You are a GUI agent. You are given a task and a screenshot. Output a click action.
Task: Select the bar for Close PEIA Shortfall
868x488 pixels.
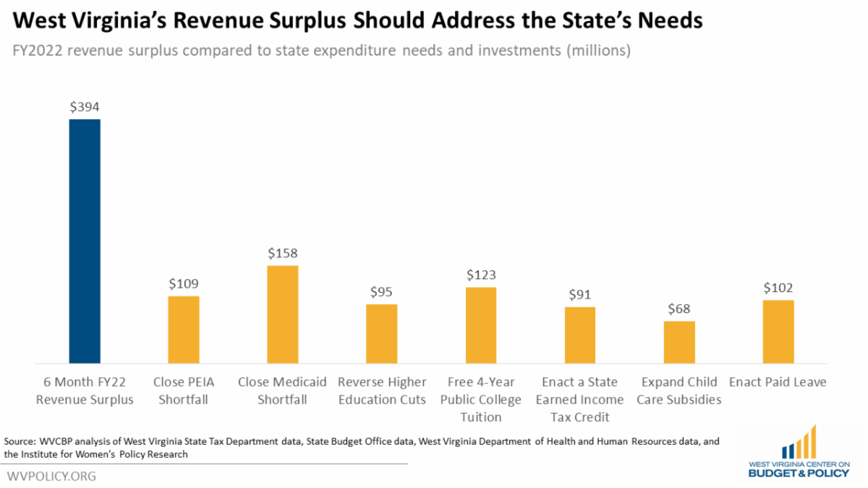pyautogui.click(x=184, y=329)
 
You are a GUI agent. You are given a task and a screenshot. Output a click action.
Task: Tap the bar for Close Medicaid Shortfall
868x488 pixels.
pyautogui.click(x=283, y=314)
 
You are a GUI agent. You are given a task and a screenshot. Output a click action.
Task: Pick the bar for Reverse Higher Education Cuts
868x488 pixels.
pyautogui.click(x=382, y=333)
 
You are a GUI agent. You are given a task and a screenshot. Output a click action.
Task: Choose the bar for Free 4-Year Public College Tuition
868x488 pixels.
pyautogui.click(x=481, y=325)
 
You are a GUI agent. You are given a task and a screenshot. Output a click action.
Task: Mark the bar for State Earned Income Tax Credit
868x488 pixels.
pyautogui.click(x=580, y=335)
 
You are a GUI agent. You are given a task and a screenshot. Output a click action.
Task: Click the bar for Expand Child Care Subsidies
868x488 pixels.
pyautogui.click(x=679, y=342)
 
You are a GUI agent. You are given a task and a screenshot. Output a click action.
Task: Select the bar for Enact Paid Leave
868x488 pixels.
pyautogui.click(x=778, y=331)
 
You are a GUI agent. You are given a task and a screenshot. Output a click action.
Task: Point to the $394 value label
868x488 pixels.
pyautogui.click(x=85, y=107)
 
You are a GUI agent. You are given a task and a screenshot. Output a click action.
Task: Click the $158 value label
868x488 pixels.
pyautogui.click(x=283, y=254)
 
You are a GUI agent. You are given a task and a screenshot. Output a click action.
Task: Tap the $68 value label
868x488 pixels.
pyautogui.click(x=679, y=309)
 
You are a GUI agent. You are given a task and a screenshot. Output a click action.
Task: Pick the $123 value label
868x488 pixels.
pyautogui.click(x=481, y=275)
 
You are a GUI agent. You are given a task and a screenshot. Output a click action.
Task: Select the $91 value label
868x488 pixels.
pyautogui.click(x=580, y=295)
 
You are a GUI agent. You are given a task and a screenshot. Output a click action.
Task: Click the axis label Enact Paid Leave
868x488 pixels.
pyautogui.click(x=778, y=382)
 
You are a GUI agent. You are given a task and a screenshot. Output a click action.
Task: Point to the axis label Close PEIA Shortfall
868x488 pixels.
pyautogui.click(x=184, y=390)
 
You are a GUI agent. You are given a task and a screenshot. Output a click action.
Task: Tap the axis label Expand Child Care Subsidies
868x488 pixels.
pyautogui.click(x=679, y=390)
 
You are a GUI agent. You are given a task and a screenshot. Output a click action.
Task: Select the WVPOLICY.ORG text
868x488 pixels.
pyautogui.click(x=51, y=476)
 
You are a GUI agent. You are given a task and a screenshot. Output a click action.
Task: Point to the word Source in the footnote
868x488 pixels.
pyautogui.click(x=20, y=441)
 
